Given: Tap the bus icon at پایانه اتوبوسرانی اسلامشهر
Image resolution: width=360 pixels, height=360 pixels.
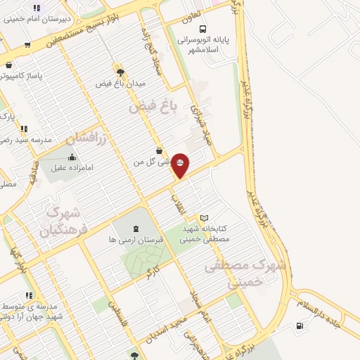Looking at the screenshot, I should (203, 29).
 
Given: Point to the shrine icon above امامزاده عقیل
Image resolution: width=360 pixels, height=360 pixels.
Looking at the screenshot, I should (72, 157).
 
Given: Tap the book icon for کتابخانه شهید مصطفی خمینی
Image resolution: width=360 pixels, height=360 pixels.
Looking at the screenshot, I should (205, 218).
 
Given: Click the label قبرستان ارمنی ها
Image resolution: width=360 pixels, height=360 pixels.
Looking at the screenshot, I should (136, 240).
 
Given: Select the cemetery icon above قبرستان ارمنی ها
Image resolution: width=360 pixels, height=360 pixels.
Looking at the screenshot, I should (136, 229).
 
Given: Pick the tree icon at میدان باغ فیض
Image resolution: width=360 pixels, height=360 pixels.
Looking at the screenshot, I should (121, 72).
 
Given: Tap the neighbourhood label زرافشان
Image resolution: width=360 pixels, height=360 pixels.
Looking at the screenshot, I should (89, 139).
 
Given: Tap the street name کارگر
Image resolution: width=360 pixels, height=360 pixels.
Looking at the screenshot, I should (152, 273).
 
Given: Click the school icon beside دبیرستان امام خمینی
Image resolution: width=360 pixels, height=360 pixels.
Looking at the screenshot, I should (36, 8).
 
